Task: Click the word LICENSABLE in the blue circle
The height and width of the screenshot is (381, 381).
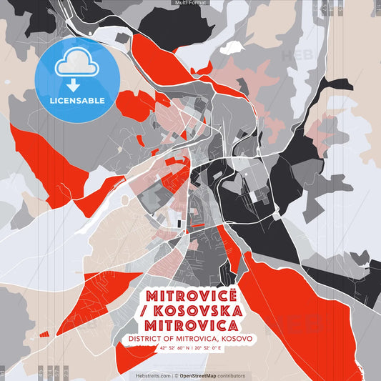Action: (x=76, y=100)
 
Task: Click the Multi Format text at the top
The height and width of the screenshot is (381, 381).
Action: (x=190, y=3)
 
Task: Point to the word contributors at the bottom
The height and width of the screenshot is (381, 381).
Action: (x=232, y=375)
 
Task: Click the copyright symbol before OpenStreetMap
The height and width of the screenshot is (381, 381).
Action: (x=177, y=375)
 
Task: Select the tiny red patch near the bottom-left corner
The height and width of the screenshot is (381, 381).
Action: (x=44, y=334)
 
